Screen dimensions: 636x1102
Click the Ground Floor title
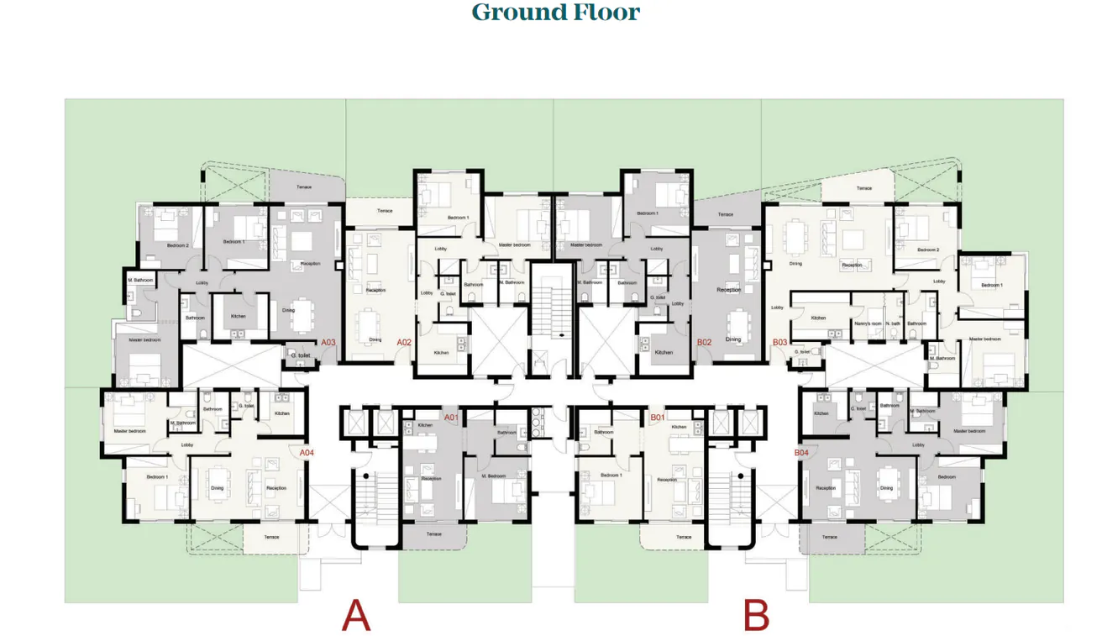pyautogui.click(x=555, y=13)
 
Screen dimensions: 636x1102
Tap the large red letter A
pyautogui.click(x=356, y=616)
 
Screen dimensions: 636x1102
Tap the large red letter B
pyautogui.click(x=756, y=616)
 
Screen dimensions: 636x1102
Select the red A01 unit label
pyautogui.click(x=451, y=418)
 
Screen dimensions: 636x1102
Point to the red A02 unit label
pyautogui.click(x=404, y=343)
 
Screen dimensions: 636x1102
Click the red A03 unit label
pyautogui.click(x=328, y=343)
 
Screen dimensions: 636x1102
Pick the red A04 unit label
pyautogui.click(x=307, y=453)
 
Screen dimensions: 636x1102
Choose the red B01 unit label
pyautogui.click(x=658, y=418)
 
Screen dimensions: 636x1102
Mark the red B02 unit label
pyautogui.click(x=704, y=343)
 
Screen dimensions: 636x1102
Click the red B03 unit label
pyautogui.click(x=779, y=343)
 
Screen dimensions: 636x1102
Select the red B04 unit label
pyautogui.click(x=801, y=453)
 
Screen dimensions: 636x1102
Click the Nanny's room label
pyautogui.click(x=868, y=323)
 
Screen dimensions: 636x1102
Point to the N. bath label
pyautogui.click(x=892, y=323)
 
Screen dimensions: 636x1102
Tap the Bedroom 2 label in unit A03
pyautogui.click(x=177, y=245)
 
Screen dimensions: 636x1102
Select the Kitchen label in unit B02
pyautogui.click(x=664, y=353)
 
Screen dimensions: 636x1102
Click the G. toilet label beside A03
pyautogui.click(x=301, y=355)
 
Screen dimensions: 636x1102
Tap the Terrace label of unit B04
pyautogui.click(x=829, y=537)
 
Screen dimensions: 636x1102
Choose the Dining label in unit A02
pyautogui.click(x=375, y=340)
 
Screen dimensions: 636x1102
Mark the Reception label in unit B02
pyautogui.click(x=728, y=290)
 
